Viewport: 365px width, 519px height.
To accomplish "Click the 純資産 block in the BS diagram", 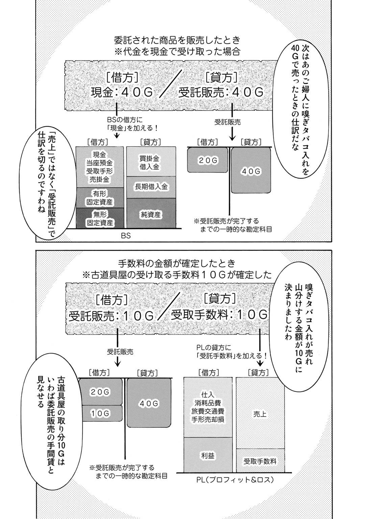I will click(151, 214).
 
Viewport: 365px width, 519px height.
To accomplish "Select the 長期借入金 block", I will click(151, 187).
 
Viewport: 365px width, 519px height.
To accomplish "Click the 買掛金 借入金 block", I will click(151, 162).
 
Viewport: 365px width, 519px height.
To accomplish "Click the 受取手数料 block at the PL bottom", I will click(260, 461).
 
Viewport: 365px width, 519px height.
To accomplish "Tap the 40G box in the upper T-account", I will click(251, 172).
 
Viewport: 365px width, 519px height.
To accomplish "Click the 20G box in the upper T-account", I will click(208, 160).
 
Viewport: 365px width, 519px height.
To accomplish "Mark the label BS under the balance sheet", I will click(126, 236).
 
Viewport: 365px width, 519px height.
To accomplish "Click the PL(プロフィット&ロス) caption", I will click(234, 480).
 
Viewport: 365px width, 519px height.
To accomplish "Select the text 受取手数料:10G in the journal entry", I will click(219, 315).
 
